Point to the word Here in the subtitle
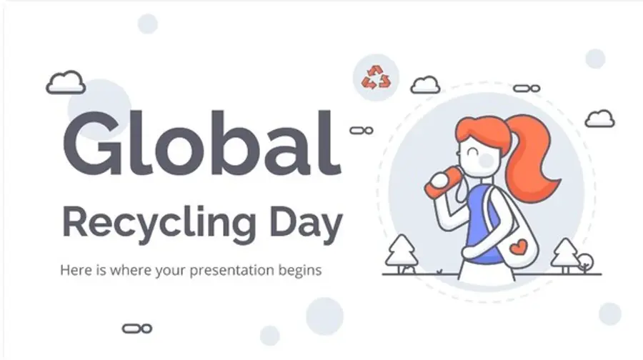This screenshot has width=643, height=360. pos(74,271)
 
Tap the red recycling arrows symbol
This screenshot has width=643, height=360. pos(376,77)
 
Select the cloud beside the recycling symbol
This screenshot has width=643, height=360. pos(425,84)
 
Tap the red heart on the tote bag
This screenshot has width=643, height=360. pos(519,249)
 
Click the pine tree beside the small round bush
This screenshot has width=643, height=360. pos(564,255)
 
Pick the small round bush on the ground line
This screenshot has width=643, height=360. pos(584,262)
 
